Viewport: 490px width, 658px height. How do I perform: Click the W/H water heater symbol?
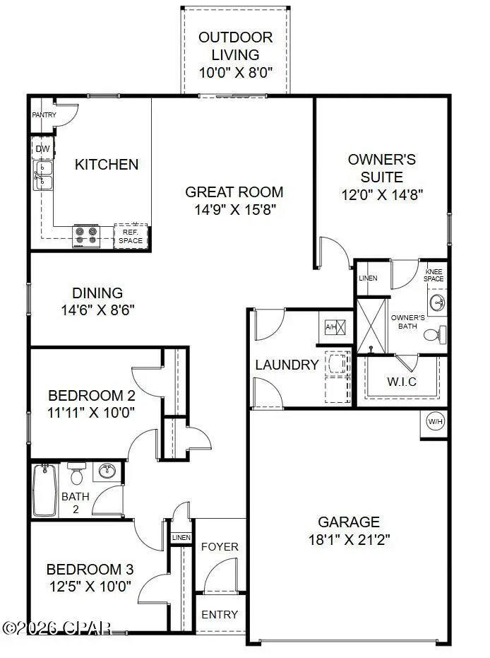point(434,422)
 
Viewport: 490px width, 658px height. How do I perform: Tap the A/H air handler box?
point(335,327)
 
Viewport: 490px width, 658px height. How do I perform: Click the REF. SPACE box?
point(131,236)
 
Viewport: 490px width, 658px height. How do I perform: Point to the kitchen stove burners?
point(87,236)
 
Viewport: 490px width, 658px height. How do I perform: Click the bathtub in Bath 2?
point(45,490)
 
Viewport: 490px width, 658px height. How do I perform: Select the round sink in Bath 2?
point(107,471)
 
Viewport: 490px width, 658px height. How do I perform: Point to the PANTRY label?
point(44,114)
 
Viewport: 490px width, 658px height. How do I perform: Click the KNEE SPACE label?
point(434,275)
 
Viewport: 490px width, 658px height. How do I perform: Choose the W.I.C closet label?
point(401,382)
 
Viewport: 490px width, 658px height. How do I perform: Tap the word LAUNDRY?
point(287,365)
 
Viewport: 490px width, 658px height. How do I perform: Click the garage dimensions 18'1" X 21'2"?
point(349,539)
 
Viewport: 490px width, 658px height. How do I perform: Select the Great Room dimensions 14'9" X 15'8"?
point(234,209)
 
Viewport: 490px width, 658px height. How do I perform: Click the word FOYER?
point(220,546)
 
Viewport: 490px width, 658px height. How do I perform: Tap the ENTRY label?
point(220,613)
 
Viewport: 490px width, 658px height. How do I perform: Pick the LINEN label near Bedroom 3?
point(181,539)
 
